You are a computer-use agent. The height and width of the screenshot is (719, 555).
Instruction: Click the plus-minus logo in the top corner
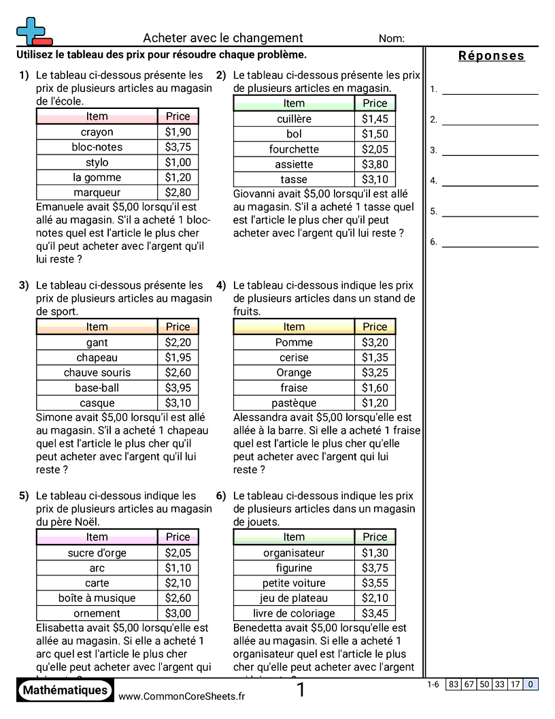tap(33, 31)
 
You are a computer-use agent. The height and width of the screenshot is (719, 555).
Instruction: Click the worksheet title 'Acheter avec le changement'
tap(223, 38)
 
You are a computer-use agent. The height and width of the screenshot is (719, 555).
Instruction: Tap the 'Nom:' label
tap(391, 39)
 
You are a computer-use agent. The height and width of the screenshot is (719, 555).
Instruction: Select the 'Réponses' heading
tap(491, 56)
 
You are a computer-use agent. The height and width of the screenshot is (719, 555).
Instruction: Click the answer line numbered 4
tap(490, 180)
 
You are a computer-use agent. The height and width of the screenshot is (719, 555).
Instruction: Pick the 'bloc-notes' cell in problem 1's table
tap(97, 147)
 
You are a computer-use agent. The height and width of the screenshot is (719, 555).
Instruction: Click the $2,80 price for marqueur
tap(178, 193)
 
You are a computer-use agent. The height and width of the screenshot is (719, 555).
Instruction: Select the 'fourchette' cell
tap(294, 149)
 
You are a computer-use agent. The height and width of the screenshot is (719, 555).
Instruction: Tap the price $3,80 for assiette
tap(375, 164)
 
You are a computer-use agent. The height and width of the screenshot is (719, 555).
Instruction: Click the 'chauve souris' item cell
tap(97, 372)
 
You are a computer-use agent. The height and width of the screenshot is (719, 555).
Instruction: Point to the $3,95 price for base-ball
tap(178, 388)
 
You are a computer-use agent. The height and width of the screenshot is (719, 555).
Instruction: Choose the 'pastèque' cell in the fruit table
tap(294, 403)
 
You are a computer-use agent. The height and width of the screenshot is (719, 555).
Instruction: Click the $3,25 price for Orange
tap(375, 372)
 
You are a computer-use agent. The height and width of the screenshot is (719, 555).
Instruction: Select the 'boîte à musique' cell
tap(97, 598)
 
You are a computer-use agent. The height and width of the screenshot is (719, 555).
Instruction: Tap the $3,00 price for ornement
tap(178, 613)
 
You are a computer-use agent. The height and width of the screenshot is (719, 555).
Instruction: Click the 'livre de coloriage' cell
tap(294, 613)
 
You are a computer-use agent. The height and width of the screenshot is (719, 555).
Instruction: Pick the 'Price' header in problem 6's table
tap(375, 537)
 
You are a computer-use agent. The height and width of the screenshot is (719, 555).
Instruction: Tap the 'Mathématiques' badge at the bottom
tap(65, 690)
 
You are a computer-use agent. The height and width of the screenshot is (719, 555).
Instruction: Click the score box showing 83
tap(453, 685)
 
